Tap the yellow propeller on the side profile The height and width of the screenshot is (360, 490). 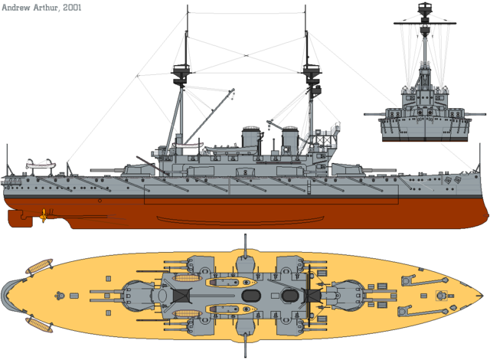click(x=47, y=216)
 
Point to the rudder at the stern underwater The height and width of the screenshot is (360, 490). click(x=20, y=218)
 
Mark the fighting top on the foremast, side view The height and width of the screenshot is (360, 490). click(x=312, y=74)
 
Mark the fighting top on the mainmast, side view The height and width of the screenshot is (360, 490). click(x=181, y=74)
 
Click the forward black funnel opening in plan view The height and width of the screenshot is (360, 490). click(x=289, y=295)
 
